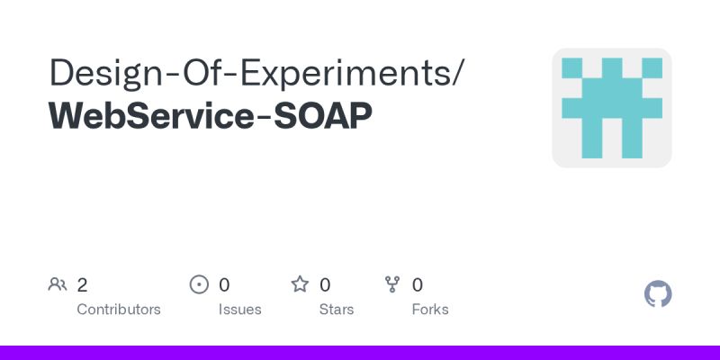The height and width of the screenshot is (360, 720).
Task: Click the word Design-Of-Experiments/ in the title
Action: click(x=256, y=72)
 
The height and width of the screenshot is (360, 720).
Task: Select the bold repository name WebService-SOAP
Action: click(x=211, y=117)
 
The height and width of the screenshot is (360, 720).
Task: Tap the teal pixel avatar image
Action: click(x=612, y=108)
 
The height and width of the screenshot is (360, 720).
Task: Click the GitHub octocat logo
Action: click(x=659, y=294)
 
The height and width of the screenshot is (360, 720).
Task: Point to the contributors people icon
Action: click(x=58, y=285)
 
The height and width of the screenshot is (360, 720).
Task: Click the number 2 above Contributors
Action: click(x=82, y=285)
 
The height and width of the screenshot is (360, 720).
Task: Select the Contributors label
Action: click(x=119, y=310)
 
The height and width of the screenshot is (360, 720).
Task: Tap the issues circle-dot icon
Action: click(x=200, y=285)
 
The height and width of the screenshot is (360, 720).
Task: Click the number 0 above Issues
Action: click(x=224, y=285)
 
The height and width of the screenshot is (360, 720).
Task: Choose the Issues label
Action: click(x=239, y=310)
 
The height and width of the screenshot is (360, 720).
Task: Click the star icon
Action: click(x=300, y=285)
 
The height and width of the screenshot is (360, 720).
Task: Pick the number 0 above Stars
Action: click(x=325, y=285)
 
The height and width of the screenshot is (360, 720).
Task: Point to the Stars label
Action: click(x=337, y=310)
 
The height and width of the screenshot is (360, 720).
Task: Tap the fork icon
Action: click(x=392, y=285)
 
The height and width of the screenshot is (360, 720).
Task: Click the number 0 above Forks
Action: click(x=418, y=285)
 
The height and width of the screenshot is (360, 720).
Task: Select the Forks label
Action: click(x=430, y=310)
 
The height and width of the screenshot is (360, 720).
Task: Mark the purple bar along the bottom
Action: click(x=360, y=353)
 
